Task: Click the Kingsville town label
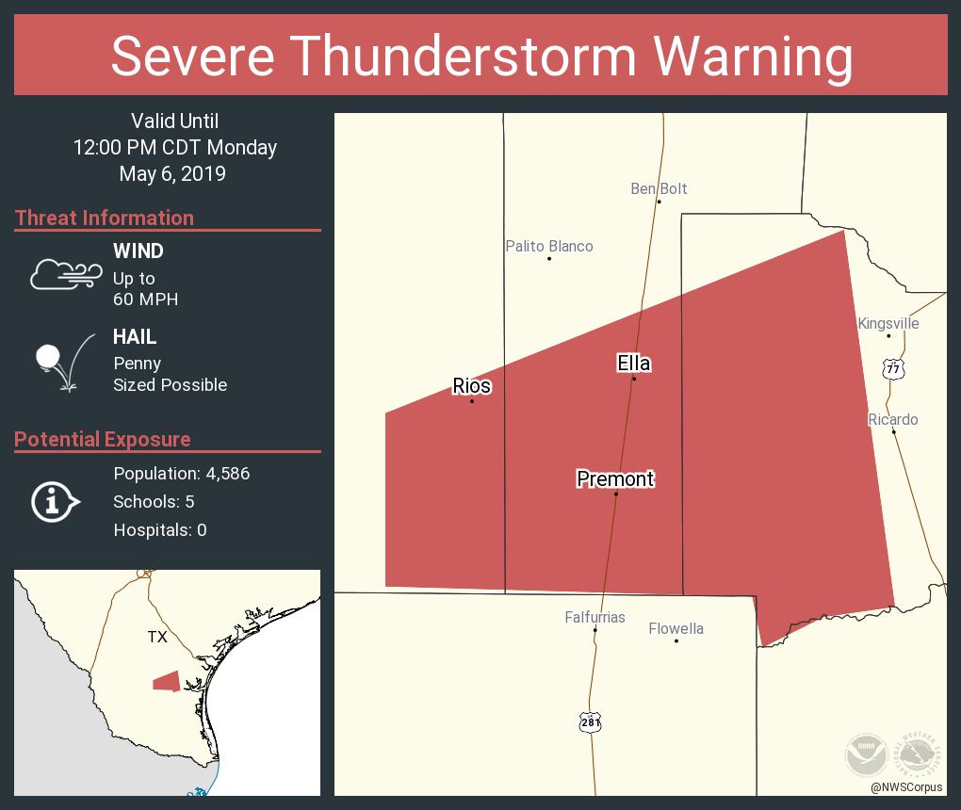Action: click(x=888, y=324)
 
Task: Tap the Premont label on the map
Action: click(x=615, y=479)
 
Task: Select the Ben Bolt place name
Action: click(x=659, y=189)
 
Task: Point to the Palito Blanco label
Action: click(x=548, y=247)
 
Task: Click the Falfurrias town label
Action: click(x=595, y=618)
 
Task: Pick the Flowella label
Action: click(x=676, y=629)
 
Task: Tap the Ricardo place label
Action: click(x=892, y=420)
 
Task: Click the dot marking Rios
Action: click(x=472, y=402)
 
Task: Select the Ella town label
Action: click(x=633, y=364)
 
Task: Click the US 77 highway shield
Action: click(x=892, y=368)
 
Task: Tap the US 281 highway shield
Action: click(x=590, y=722)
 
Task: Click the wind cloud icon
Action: click(x=64, y=274)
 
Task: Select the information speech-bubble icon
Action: click(x=54, y=502)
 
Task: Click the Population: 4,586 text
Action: click(x=181, y=474)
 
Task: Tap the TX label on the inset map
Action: click(x=156, y=638)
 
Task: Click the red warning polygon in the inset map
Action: click(x=166, y=681)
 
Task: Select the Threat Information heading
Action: click(x=104, y=219)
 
